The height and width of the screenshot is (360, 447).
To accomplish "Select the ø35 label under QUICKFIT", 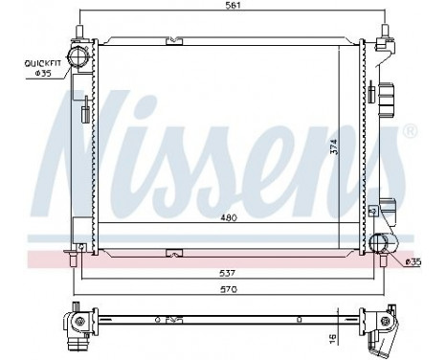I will (x=43, y=74).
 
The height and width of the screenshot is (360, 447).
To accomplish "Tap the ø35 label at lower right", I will (x=413, y=259).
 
